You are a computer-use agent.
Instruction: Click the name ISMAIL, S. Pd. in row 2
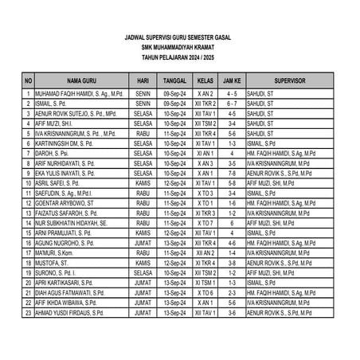(57, 104)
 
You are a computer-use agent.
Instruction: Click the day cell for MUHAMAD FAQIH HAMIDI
(143, 94)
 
